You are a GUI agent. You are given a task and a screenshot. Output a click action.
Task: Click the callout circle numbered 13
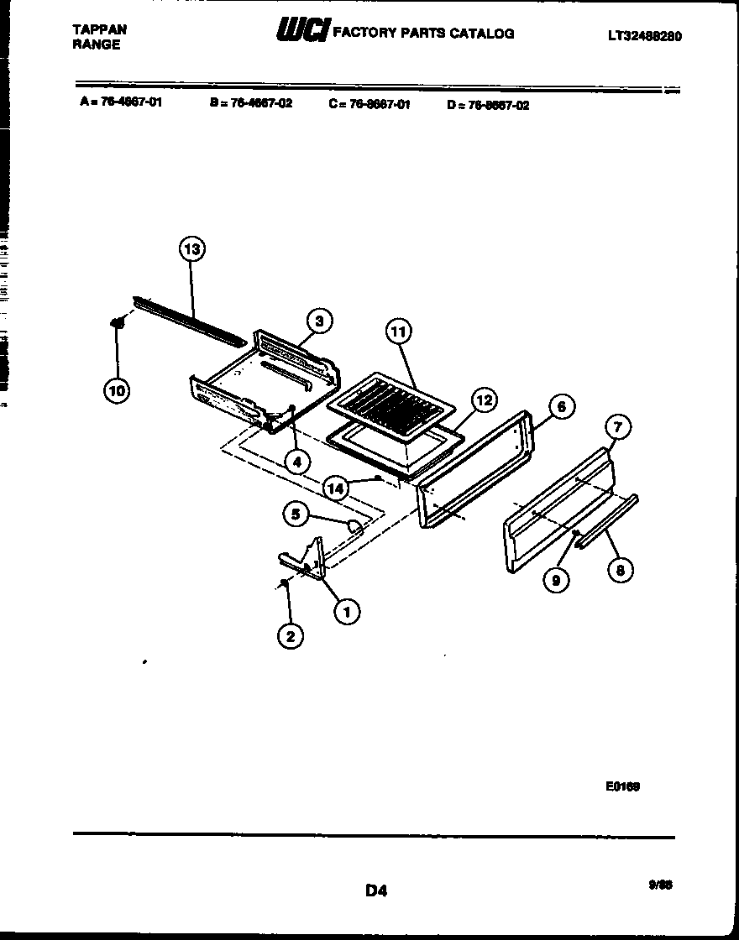coord(192,249)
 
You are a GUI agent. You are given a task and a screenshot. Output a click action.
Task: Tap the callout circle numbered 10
coord(118,389)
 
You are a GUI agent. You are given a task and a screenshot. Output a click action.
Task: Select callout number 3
coord(318,320)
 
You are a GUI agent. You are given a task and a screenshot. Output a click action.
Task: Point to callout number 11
coord(398,332)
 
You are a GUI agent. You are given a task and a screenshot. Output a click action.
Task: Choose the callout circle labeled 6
coord(562,407)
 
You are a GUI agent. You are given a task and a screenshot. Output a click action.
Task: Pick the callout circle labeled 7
coord(617,428)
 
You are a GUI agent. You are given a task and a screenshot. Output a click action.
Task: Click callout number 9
coord(554,579)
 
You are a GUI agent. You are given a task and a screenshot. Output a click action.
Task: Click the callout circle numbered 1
coord(344,612)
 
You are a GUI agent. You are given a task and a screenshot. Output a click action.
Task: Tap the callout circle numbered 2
coord(290,635)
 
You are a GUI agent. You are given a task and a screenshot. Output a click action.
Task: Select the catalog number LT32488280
coord(644,36)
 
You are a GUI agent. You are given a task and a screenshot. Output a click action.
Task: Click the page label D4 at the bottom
coord(375,890)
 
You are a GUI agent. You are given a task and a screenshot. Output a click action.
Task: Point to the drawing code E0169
coord(622,786)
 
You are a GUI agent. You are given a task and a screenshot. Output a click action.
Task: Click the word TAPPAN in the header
coord(100,29)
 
